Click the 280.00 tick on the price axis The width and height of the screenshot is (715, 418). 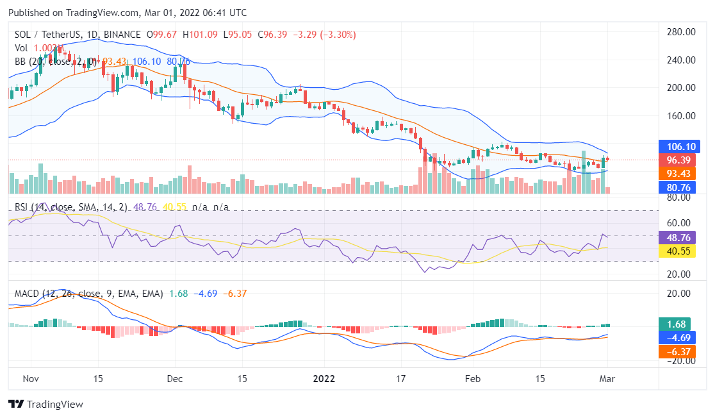[681, 32]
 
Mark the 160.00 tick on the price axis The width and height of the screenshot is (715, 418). [681, 116]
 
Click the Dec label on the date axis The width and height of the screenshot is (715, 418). [175, 378]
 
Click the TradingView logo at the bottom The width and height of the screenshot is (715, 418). [45, 405]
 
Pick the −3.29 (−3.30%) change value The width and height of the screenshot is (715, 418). [325, 34]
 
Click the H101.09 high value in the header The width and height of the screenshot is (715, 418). [199, 34]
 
